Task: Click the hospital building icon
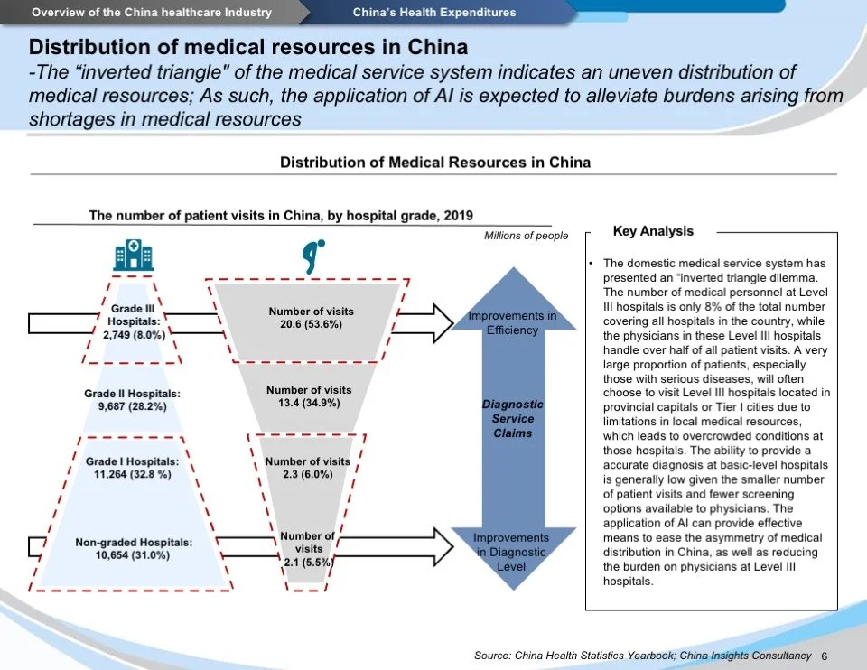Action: tap(134, 255)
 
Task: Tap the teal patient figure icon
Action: tap(312, 255)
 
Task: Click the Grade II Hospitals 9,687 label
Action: tap(132, 400)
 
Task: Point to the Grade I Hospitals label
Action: tap(132, 468)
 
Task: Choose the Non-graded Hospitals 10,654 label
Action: tap(134, 548)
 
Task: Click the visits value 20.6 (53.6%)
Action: tap(311, 317)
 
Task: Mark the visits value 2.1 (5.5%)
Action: tap(308, 548)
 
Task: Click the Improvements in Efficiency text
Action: tap(512, 322)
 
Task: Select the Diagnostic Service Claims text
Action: tap(512, 419)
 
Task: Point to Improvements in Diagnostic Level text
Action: tap(511, 552)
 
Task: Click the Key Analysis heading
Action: tap(653, 231)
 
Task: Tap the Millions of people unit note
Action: tap(527, 236)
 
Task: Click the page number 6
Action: tap(825, 656)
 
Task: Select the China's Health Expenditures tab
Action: tap(434, 12)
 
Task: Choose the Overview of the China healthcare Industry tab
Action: tap(152, 12)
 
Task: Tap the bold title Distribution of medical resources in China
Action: tap(248, 46)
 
